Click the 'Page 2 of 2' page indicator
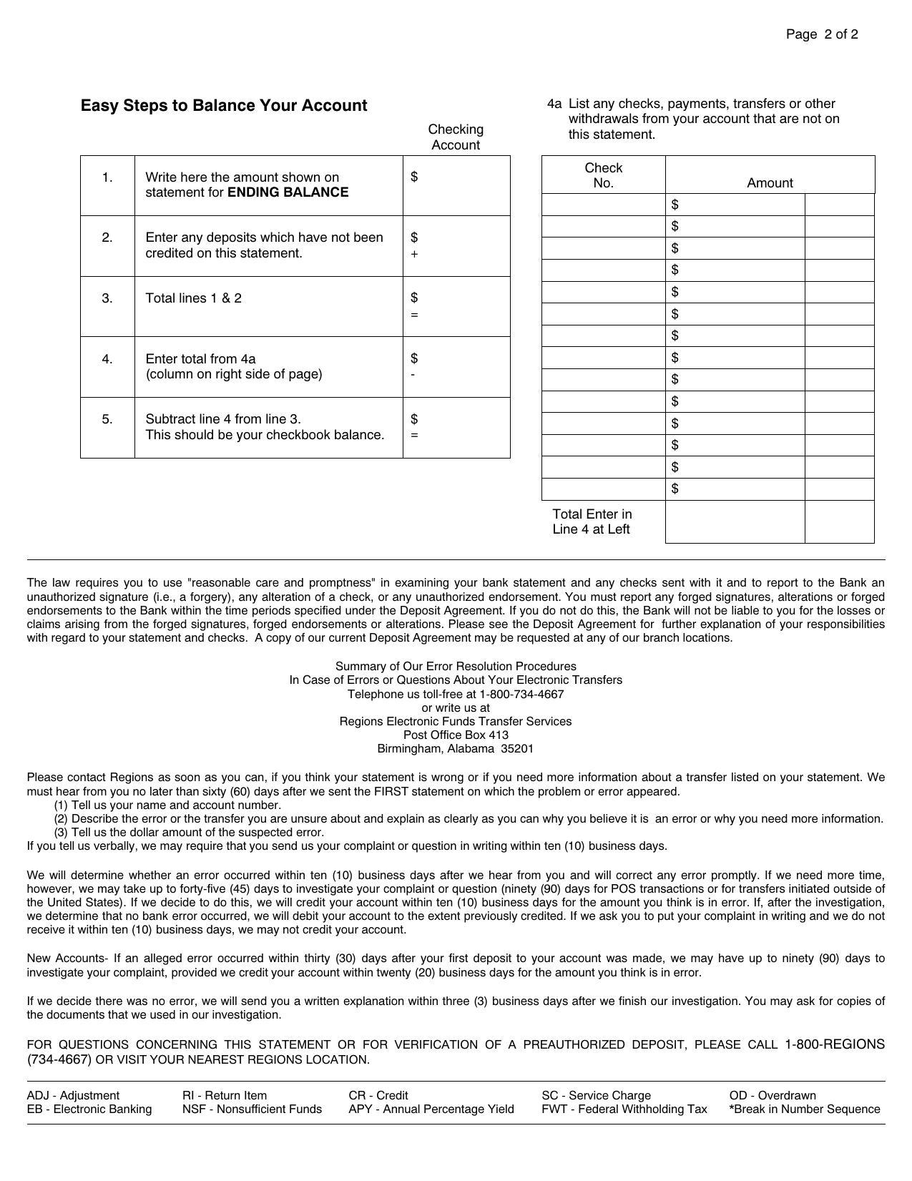click(x=821, y=34)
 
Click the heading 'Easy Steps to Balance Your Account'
click(x=224, y=106)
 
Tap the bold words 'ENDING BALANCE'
click(x=288, y=192)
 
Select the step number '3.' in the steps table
click(x=107, y=298)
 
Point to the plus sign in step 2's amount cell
click(x=414, y=254)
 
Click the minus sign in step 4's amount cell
click(x=413, y=374)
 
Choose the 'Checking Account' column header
click(x=456, y=137)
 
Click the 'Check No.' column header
click(x=603, y=175)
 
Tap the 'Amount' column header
click(x=770, y=183)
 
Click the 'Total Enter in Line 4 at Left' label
click(x=592, y=521)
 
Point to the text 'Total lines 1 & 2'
click(x=194, y=298)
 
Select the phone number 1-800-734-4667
click(x=521, y=694)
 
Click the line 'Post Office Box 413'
click(x=456, y=735)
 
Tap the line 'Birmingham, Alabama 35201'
click(x=456, y=749)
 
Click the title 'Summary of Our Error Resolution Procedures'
click(x=456, y=666)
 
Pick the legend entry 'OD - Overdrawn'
click(x=773, y=1095)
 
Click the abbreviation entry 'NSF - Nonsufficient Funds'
click(x=252, y=1109)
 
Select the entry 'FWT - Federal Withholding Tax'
click(x=624, y=1109)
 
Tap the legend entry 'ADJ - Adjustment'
click(x=73, y=1095)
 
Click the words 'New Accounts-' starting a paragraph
click(x=67, y=959)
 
